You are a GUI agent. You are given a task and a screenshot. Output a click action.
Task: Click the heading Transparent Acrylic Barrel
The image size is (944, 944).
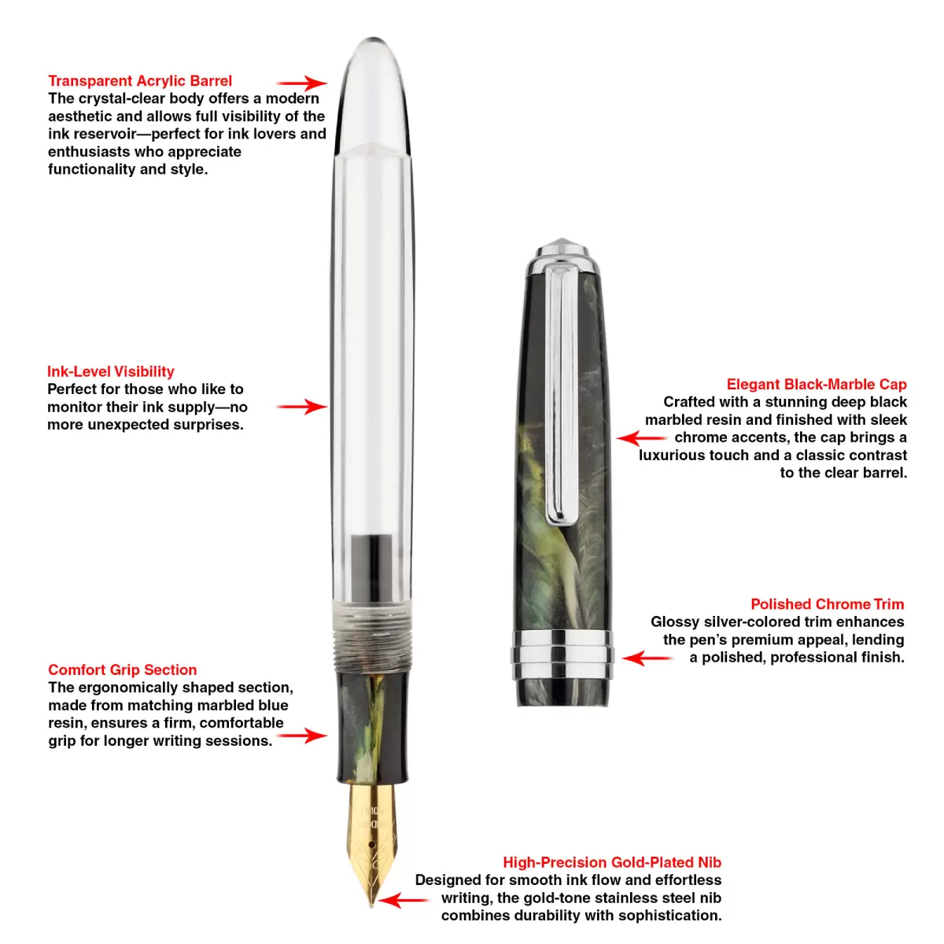click(140, 81)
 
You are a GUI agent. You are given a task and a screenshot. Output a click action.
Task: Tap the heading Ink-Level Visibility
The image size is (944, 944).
click(111, 371)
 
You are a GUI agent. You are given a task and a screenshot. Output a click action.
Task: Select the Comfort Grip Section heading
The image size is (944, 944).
click(123, 669)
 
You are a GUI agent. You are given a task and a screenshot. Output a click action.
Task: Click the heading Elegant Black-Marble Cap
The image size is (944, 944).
click(817, 384)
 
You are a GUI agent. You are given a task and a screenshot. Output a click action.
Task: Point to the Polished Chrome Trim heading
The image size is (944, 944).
click(828, 604)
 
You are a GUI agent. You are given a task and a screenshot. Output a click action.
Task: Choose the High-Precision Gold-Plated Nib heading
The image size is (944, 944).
click(612, 862)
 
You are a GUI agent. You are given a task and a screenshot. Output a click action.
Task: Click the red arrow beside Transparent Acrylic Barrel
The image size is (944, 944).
click(302, 83)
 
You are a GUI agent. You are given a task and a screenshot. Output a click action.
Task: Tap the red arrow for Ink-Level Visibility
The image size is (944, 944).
click(302, 407)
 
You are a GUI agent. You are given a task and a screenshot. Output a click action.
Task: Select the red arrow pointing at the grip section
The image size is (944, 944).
click(302, 736)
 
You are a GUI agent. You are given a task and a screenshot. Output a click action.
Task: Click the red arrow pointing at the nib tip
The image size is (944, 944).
click(404, 900)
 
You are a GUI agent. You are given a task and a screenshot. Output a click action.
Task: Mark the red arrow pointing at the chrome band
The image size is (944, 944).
click(647, 658)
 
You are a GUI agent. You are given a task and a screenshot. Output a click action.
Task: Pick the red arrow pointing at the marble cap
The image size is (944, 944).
click(641, 438)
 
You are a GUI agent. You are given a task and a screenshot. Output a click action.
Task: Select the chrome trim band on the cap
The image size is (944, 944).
click(562, 655)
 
